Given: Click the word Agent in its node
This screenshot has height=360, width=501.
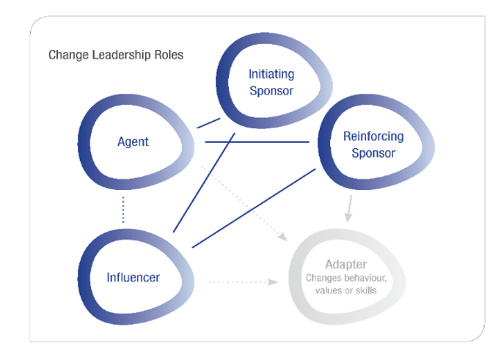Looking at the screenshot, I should tap(133, 142).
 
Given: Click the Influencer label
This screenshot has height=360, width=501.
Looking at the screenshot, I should tap(133, 277).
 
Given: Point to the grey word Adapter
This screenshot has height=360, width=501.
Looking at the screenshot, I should tap(347, 265).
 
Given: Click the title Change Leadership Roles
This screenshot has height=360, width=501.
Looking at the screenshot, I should tap(115, 55).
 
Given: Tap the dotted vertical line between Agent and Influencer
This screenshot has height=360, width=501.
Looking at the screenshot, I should tap(123, 210).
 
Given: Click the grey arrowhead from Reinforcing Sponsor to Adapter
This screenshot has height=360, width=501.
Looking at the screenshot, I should tap(348, 217).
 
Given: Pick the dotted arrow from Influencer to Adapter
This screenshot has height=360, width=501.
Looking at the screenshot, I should tap(242, 282).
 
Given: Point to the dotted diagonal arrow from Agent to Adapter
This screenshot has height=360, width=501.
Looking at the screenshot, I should tap(242, 202).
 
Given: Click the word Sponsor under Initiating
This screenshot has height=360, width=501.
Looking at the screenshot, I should tap(271, 91).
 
